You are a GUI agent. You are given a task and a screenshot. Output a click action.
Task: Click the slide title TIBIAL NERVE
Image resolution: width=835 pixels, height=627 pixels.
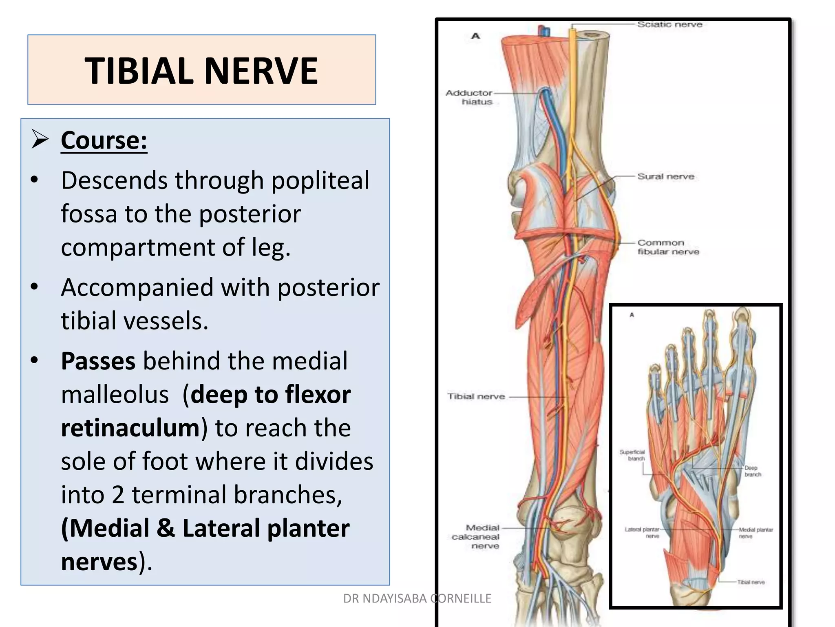[201, 71]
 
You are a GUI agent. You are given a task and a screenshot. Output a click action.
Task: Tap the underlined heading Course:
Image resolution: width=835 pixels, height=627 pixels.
[104, 140]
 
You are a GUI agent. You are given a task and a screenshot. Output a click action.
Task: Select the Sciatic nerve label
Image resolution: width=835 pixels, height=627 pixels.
[670, 24]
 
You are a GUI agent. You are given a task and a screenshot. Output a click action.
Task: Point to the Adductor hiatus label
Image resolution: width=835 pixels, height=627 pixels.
[469, 97]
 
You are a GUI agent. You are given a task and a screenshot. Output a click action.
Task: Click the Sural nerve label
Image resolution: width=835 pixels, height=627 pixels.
[665, 176]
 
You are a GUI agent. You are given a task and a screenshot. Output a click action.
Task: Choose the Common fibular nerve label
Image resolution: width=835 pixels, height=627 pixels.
[668, 247]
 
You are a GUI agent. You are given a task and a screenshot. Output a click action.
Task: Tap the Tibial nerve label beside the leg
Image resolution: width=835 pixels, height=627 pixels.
[476, 396]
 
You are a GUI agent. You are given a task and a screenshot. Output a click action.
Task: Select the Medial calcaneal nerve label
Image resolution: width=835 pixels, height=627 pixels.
[476, 536]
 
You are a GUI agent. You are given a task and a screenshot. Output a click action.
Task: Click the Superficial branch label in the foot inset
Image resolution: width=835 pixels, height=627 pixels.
[632, 455]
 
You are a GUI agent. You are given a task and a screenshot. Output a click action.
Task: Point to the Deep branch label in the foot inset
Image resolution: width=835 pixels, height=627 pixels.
[752, 471]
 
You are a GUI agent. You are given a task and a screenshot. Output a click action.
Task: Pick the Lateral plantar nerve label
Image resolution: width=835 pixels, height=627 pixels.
[642, 532]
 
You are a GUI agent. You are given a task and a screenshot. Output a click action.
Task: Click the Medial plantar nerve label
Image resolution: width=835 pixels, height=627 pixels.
[756, 532]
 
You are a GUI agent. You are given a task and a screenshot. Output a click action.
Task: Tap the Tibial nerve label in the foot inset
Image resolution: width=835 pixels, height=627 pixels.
[751, 582]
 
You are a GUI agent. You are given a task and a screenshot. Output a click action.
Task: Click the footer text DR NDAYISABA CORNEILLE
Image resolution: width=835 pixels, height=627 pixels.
[417, 598]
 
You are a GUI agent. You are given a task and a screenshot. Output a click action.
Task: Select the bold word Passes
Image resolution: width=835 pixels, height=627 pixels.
[98, 361]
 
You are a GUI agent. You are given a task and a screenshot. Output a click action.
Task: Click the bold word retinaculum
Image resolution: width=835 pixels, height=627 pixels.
[130, 428]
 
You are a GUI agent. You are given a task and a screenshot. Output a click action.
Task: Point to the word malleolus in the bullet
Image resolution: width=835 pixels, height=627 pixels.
[115, 395]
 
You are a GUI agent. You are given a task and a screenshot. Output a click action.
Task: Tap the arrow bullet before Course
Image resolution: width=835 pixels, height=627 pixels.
[40, 140]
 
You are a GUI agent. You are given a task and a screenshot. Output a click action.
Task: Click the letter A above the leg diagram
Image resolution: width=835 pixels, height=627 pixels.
[475, 36]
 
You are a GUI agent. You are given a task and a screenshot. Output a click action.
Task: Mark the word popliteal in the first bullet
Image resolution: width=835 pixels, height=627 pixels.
[320, 180]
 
